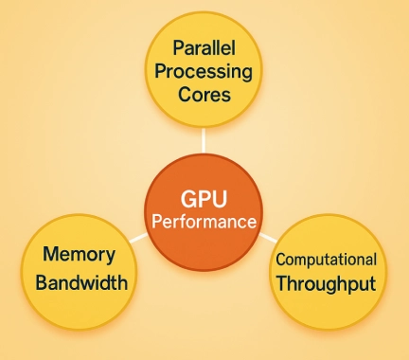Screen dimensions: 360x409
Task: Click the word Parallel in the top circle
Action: (x=204, y=46)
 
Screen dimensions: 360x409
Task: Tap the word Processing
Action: (x=204, y=71)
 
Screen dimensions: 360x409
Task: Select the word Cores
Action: (x=204, y=95)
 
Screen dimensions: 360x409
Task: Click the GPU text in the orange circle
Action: (x=204, y=200)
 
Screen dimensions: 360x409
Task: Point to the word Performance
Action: (x=204, y=223)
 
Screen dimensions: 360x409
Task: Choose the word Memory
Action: (x=79, y=255)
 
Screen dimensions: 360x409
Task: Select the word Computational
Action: (x=326, y=259)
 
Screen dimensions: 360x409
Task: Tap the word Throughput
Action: (x=326, y=282)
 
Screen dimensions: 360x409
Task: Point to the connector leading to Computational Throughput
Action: (x=269, y=235)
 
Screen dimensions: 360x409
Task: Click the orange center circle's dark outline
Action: (x=204, y=153)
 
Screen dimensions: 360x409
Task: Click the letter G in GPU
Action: (x=185, y=200)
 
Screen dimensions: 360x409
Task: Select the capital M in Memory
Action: (x=49, y=255)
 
